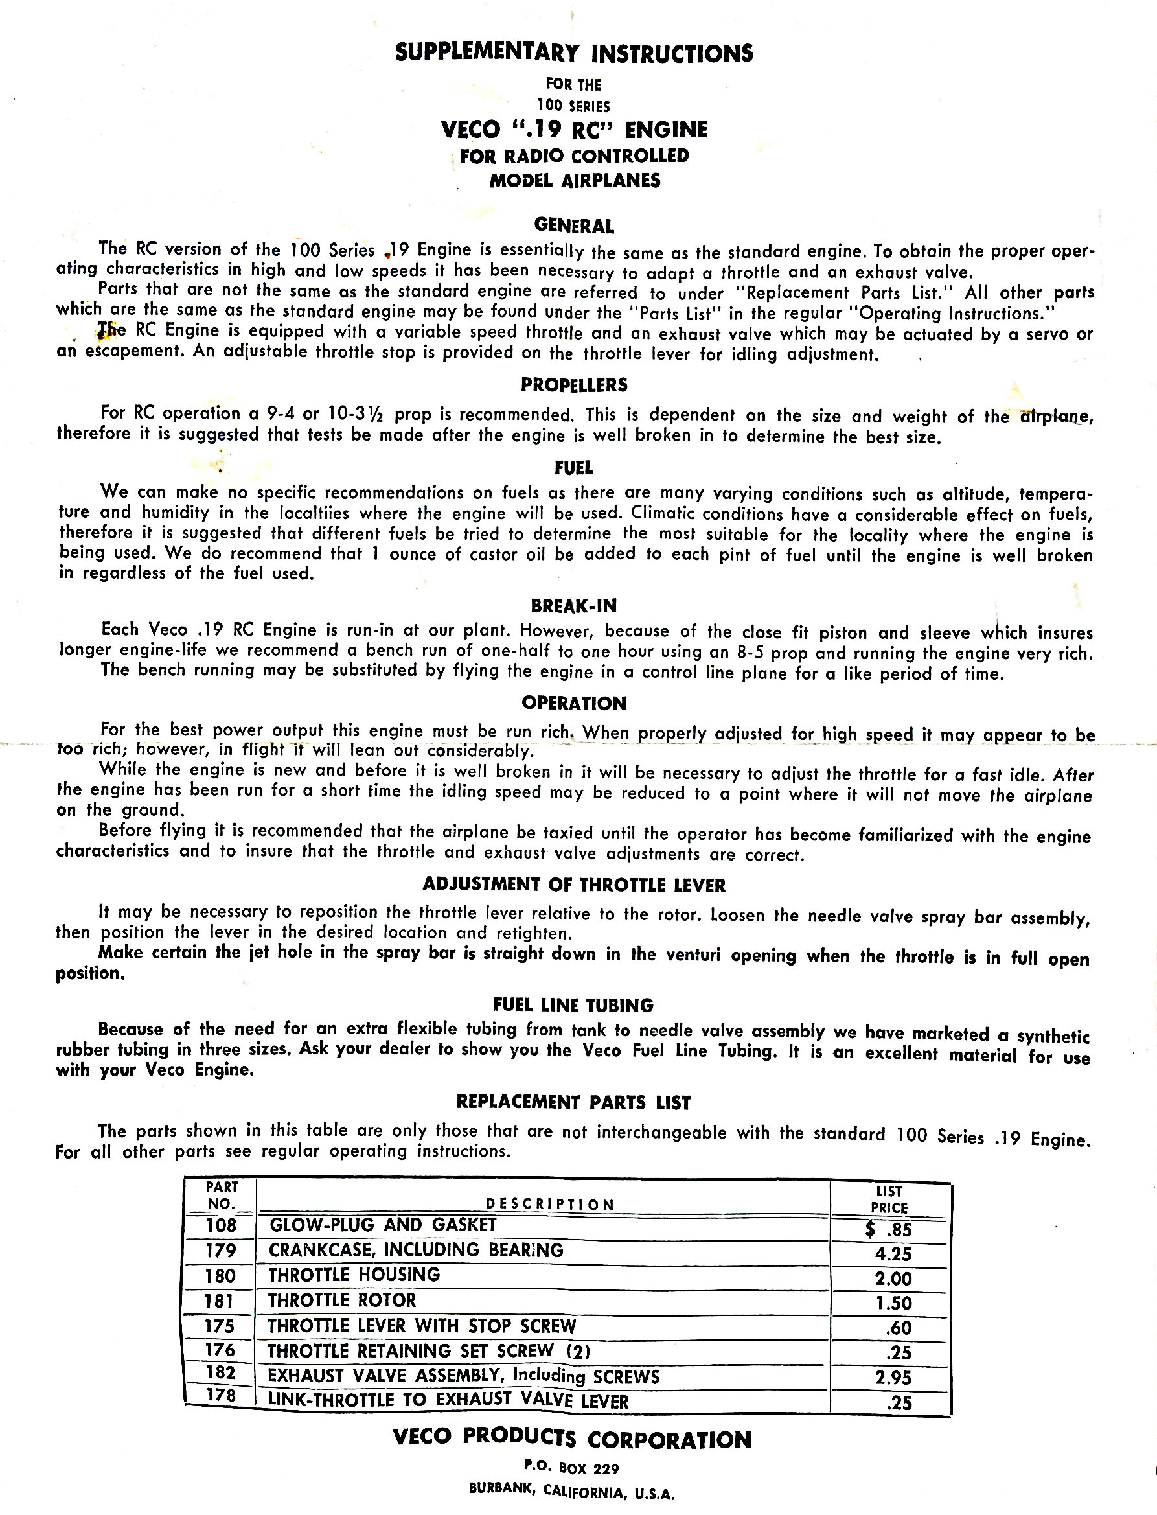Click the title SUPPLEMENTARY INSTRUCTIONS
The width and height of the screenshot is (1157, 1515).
click(574, 53)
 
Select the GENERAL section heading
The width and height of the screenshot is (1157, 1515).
click(574, 226)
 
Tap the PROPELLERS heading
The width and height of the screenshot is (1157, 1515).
click(574, 384)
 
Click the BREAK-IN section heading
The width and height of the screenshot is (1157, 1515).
click(574, 606)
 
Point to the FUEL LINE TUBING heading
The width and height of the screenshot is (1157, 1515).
click(574, 1005)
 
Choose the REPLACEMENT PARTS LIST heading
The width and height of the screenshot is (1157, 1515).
click(574, 1102)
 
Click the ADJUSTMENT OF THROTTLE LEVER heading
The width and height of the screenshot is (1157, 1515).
click(574, 884)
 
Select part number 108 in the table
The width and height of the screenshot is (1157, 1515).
click(221, 1225)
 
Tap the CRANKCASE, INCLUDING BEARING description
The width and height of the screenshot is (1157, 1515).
click(416, 1250)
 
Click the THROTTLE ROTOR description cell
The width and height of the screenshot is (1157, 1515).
click(342, 1300)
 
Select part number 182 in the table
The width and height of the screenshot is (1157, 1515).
click(220, 1372)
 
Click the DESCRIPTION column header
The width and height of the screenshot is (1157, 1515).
click(549, 1204)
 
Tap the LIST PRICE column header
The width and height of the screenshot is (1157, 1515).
click(889, 1199)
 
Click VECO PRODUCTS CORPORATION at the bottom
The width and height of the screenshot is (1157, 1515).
click(571, 1439)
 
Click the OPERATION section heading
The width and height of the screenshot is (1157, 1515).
click(574, 704)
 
